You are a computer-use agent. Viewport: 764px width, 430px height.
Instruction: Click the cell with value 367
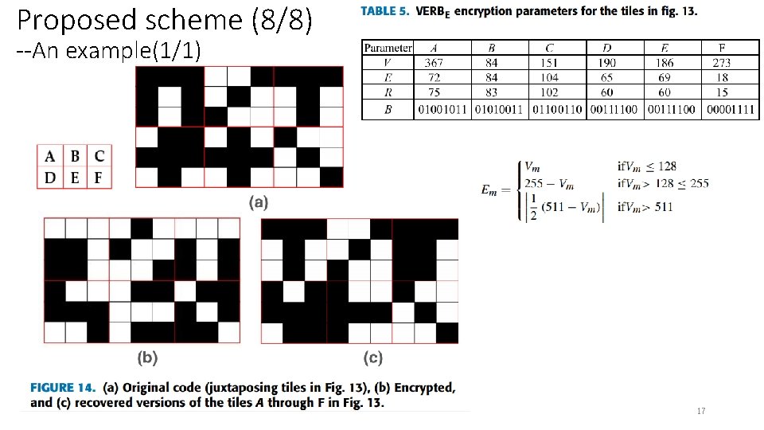[x=434, y=63]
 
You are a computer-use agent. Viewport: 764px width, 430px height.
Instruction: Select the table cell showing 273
[x=721, y=63]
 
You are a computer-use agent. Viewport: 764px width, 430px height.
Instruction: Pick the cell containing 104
[x=549, y=78]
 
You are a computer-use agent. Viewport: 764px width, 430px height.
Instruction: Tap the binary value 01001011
[x=444, y=109]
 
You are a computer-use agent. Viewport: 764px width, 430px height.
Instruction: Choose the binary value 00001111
[x=731, y=109]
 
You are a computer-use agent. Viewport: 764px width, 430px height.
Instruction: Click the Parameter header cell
[x=388, y=48]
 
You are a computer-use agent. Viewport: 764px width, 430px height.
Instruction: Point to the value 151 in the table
[x=549, y=63]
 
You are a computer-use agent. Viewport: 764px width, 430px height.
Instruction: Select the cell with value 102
[x=549, y=92]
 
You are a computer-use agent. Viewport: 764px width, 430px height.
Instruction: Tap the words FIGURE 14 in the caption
[x=61, y=388]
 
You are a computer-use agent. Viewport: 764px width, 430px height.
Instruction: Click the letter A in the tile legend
[x=50, y=155]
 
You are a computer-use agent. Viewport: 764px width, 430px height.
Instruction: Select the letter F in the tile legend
[x=99, y=177]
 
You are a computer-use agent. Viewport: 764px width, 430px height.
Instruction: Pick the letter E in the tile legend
[x=75, y=177]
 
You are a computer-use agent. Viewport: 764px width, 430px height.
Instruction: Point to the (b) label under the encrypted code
[x=147, y=358]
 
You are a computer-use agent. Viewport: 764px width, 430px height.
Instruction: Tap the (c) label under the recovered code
[x=372, y=358]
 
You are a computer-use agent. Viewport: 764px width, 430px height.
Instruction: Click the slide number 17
[x=700, y=412]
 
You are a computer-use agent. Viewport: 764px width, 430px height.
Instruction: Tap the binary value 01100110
[x=557, y=109]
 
